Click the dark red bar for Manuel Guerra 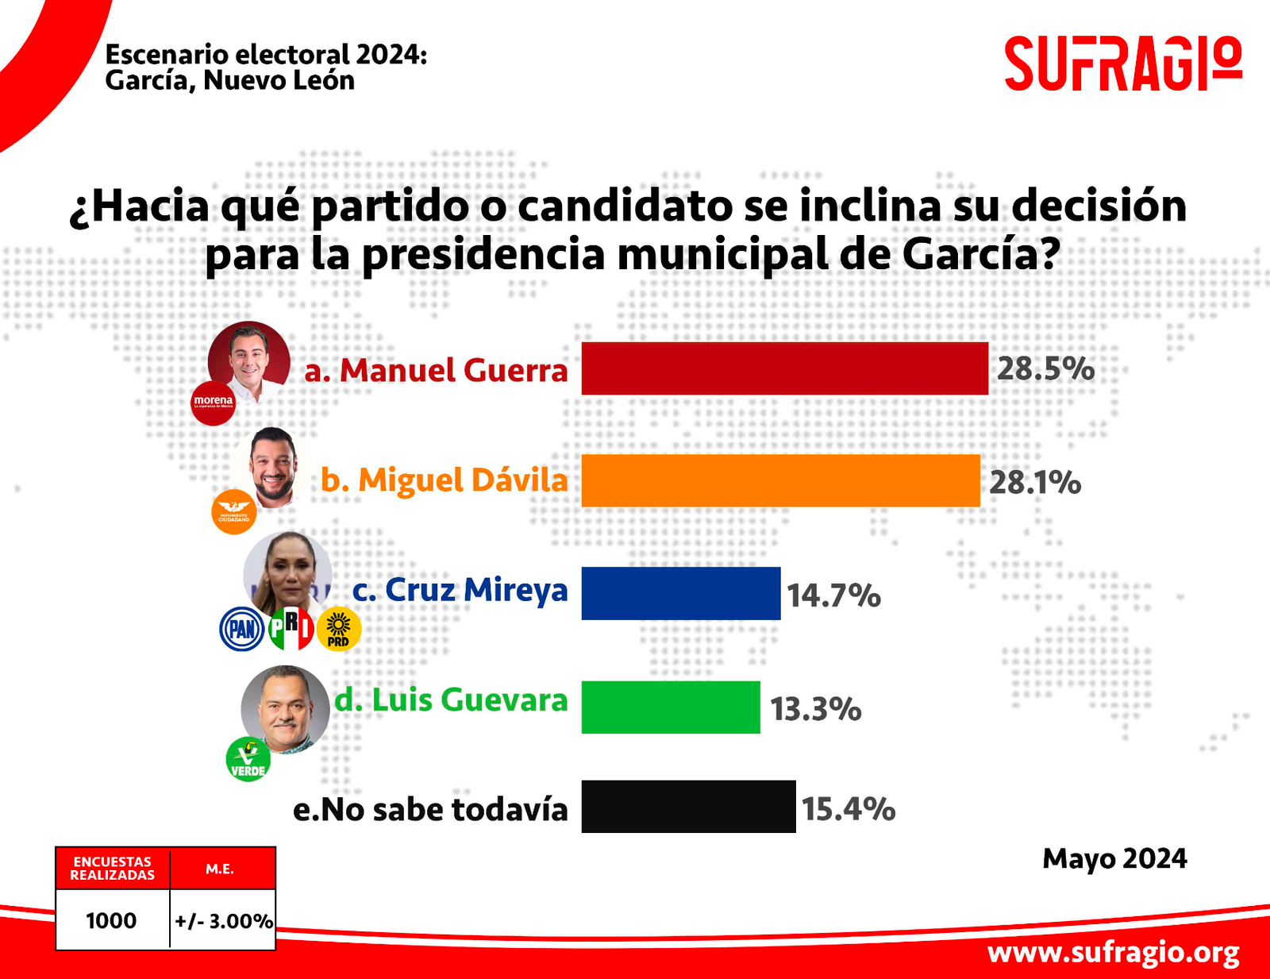[x=784, y=368]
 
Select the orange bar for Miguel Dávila [x=780, y=480]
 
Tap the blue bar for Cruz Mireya [x=680, y=593]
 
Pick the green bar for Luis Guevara [x=670, y=707]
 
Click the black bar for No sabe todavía [x=687, y=807]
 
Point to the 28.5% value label [x=1045, y=369]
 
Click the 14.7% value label [x=833, y=595]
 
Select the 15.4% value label [x=848, y=809]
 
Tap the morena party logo [x=214, y=403]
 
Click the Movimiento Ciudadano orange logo [x=233, y=512]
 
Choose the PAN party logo [x=241, y=630]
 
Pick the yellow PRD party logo [x=339, y=630]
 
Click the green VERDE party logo [x=248, y=760]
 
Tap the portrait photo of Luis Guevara [x=285, y=708]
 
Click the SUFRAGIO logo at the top [x=1122, y=64]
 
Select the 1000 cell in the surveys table [x=111, y=920]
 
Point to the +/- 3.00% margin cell [x=223, y=921]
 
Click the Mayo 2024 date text [x=1114, y=859]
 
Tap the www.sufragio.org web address [x=1113, y=952]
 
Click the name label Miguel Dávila [x=444, y=481]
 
